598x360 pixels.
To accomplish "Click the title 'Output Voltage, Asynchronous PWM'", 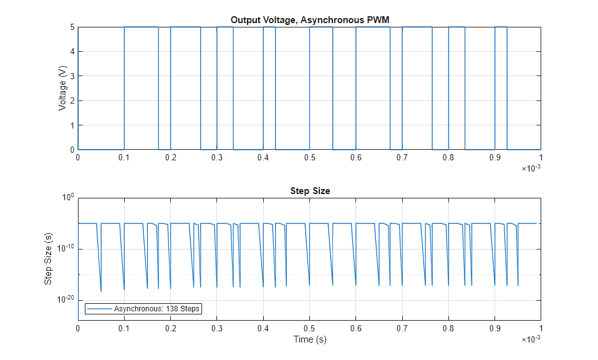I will (x=309, y=19).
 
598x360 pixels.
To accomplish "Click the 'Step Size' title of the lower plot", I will (x=309, y=191).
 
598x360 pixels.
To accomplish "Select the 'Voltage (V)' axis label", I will (x=62, y=89).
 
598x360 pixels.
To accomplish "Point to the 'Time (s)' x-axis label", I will (x=309, y=339).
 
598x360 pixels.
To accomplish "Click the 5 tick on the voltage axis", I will (x=72, y=27).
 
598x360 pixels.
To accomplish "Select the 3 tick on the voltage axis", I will (x=72, y=76).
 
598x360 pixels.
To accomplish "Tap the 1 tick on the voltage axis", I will (x=72, y=125).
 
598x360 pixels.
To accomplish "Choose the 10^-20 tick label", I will (x=65, y=300).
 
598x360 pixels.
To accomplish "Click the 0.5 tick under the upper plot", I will (x=309, y=158).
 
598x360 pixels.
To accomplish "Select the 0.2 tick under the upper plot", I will (x=170, y=158).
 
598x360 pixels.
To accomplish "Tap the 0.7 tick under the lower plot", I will (x=402, y=328).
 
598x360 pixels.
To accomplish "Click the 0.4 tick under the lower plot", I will (x=263, y=328).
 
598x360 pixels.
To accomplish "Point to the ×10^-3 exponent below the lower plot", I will (x=531, y=339).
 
